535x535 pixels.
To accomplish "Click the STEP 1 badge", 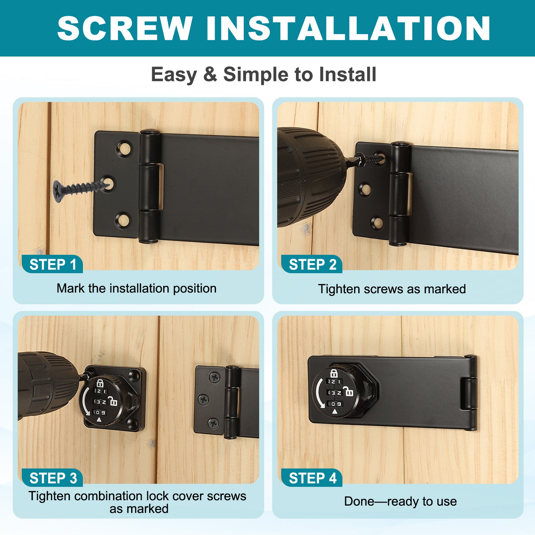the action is (52, 264).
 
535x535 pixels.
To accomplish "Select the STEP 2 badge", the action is (312, 264).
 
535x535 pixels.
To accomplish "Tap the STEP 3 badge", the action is (52, 478).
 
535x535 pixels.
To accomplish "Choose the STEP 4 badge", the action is (312, 478).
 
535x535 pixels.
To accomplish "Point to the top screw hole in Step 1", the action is (123, 148).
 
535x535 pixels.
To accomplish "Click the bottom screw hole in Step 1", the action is (122, 220).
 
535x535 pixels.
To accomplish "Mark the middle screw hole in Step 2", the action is (365, 190).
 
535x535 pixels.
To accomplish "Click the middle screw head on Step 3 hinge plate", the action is (204, 399).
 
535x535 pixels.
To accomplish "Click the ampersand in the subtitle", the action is (210, 74).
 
